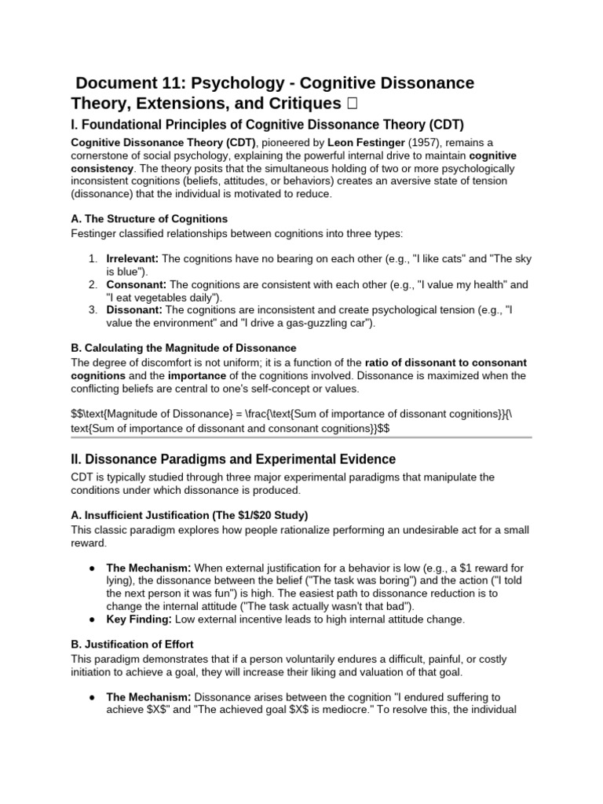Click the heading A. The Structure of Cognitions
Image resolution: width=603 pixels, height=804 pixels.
(149, 218)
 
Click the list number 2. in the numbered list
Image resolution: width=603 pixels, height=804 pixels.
(93, 284)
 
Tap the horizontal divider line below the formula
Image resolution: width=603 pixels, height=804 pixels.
(301, 437)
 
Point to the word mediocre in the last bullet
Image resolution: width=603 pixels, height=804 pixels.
(316, 709)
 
